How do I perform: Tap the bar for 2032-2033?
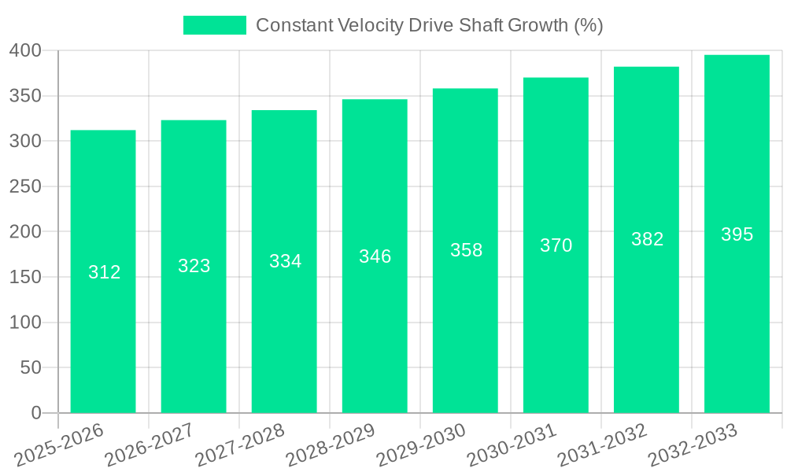coord(737,315)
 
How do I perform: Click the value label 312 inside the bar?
coord(104,272)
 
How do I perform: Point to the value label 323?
coord(194,266)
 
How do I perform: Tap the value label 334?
coord(285,261)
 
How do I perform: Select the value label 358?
coord(466,250)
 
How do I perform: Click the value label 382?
coord(647,239)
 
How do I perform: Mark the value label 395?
coord(737,234)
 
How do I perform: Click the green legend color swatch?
coord(214,25)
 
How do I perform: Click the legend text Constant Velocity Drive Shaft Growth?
coord(429,25)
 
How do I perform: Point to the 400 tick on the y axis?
coord(29,51)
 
